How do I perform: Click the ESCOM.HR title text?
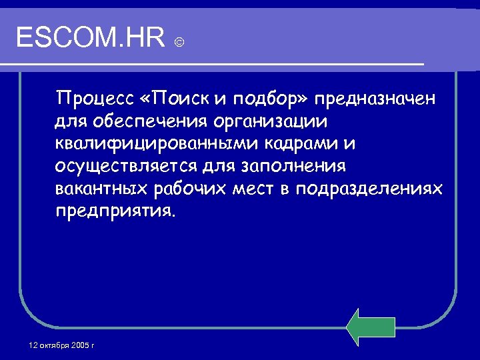(x=91, y=38)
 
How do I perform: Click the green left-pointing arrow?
(x=371, y=327)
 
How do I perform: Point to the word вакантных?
(x=101, y=189)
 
